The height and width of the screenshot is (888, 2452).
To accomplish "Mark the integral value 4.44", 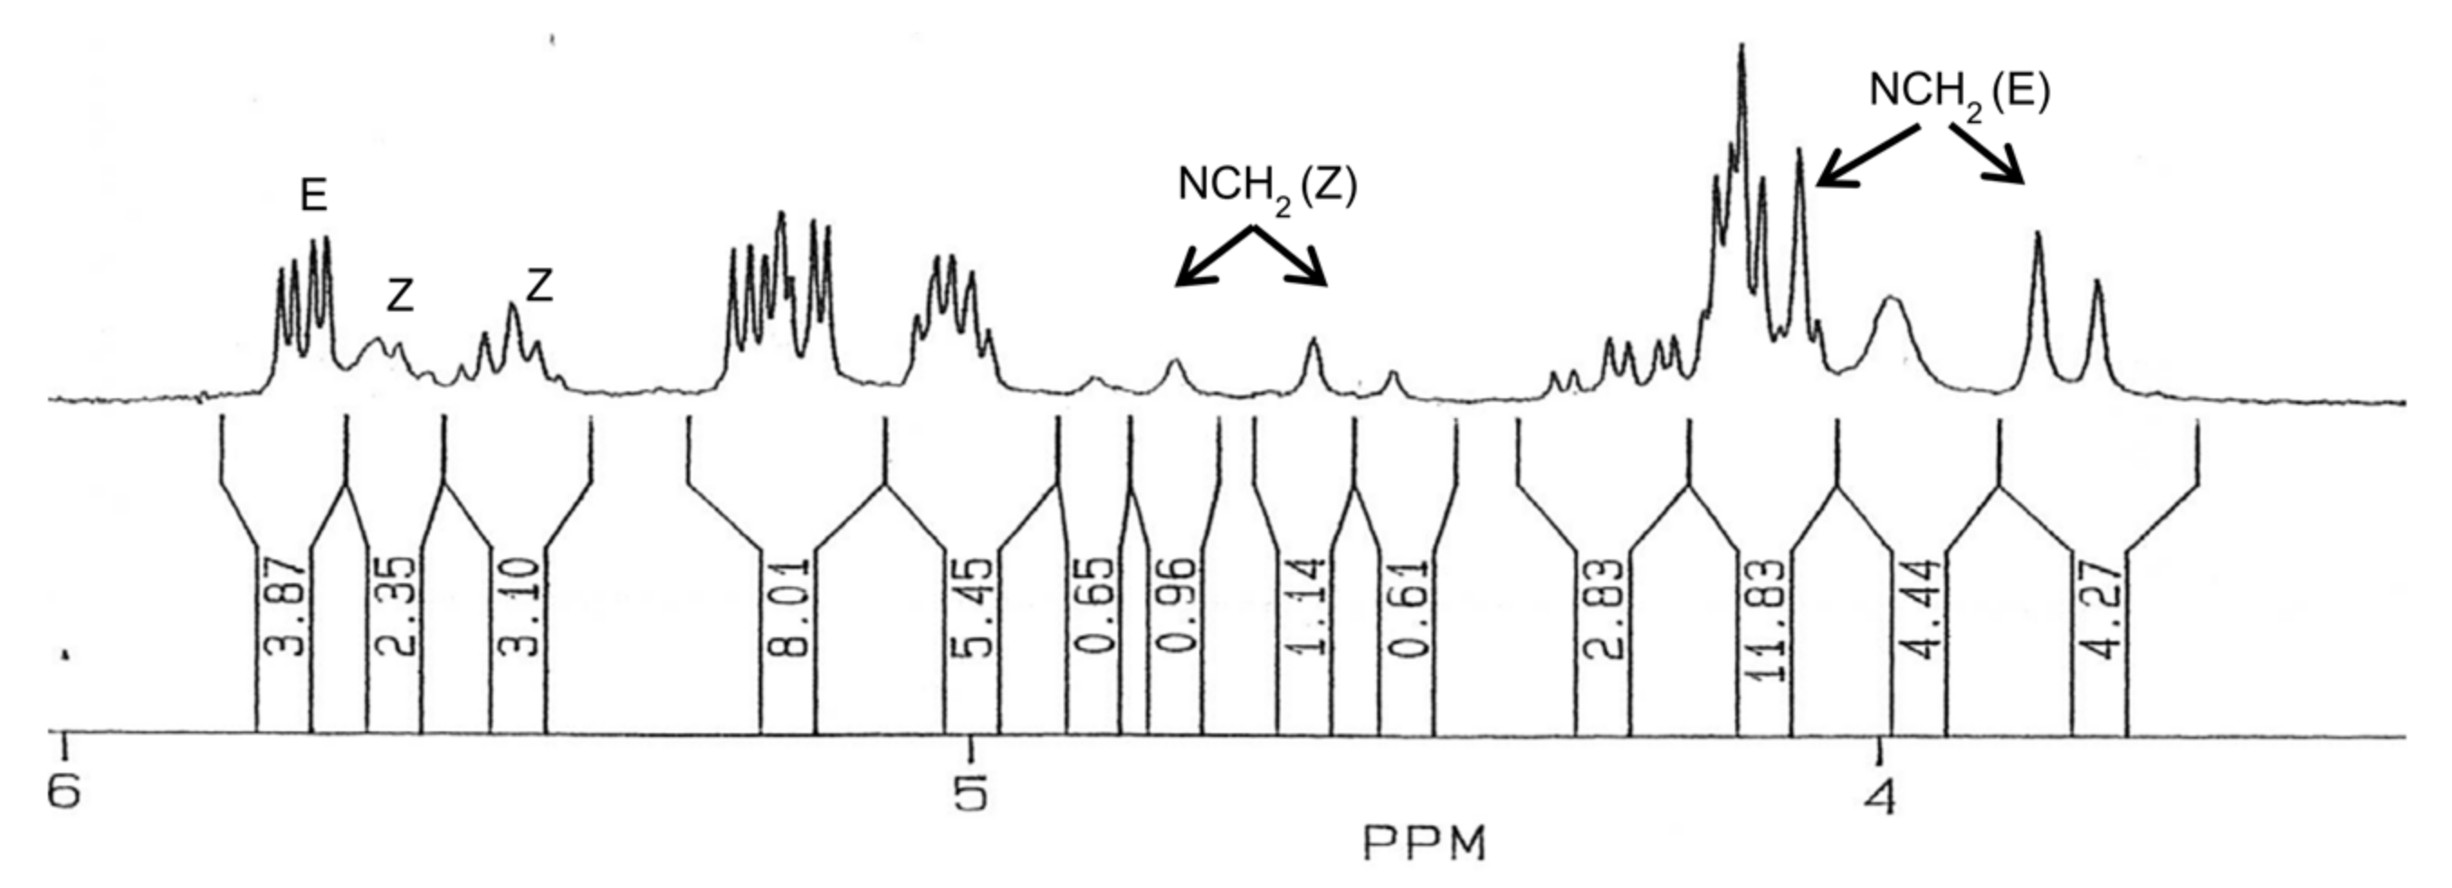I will point(1919,609).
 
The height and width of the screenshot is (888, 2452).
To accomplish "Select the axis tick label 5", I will point(972,793).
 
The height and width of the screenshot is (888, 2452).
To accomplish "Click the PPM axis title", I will point(1424,844).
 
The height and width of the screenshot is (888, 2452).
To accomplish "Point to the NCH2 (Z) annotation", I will point(1267,187).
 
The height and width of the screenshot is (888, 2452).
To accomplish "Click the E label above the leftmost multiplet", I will point(314,196).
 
